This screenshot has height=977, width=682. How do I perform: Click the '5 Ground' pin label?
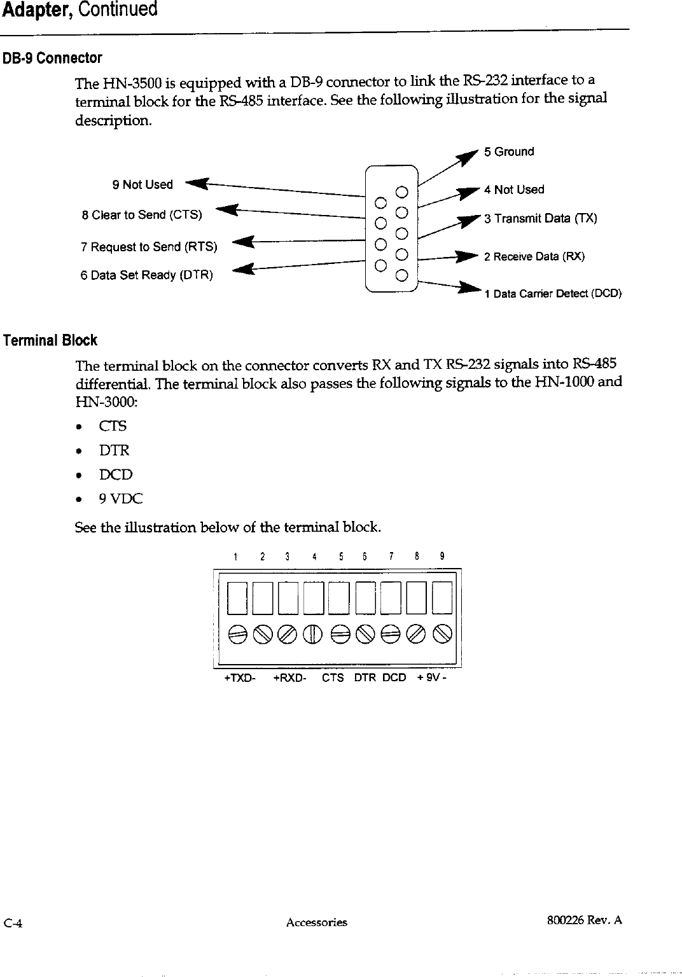click(508, 152)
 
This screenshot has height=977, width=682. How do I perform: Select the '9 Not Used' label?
click(143, 185)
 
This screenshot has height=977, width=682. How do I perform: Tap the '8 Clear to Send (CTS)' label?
click(142, 215)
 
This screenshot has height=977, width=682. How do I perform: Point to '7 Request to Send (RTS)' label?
click(149, 247)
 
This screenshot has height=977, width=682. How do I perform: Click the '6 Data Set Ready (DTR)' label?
click(146, 275)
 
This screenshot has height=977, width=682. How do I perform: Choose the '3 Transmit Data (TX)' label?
click(540, 219)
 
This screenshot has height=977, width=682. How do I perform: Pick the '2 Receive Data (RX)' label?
click(534, 257)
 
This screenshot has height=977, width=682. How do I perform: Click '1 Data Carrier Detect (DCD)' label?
click(552, 294)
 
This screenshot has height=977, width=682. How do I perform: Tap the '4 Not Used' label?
click(513, 190)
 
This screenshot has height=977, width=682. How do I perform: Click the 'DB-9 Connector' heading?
click(52, 59)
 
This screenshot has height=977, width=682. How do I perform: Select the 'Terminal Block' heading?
click(50, 340)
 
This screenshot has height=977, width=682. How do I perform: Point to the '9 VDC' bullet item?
click(120, 499)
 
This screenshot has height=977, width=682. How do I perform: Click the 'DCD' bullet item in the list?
click(115, 475)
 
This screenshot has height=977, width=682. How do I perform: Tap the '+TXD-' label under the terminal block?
click(240, 678)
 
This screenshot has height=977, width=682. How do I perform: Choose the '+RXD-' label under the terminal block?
click(289, 678)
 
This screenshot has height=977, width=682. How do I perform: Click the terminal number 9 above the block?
click(442, 557)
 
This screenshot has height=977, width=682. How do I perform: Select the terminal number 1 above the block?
click(235, 557)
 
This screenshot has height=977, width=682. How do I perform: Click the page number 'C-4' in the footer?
click(13, 924)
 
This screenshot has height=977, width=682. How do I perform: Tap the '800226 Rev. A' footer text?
click(584, 920)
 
